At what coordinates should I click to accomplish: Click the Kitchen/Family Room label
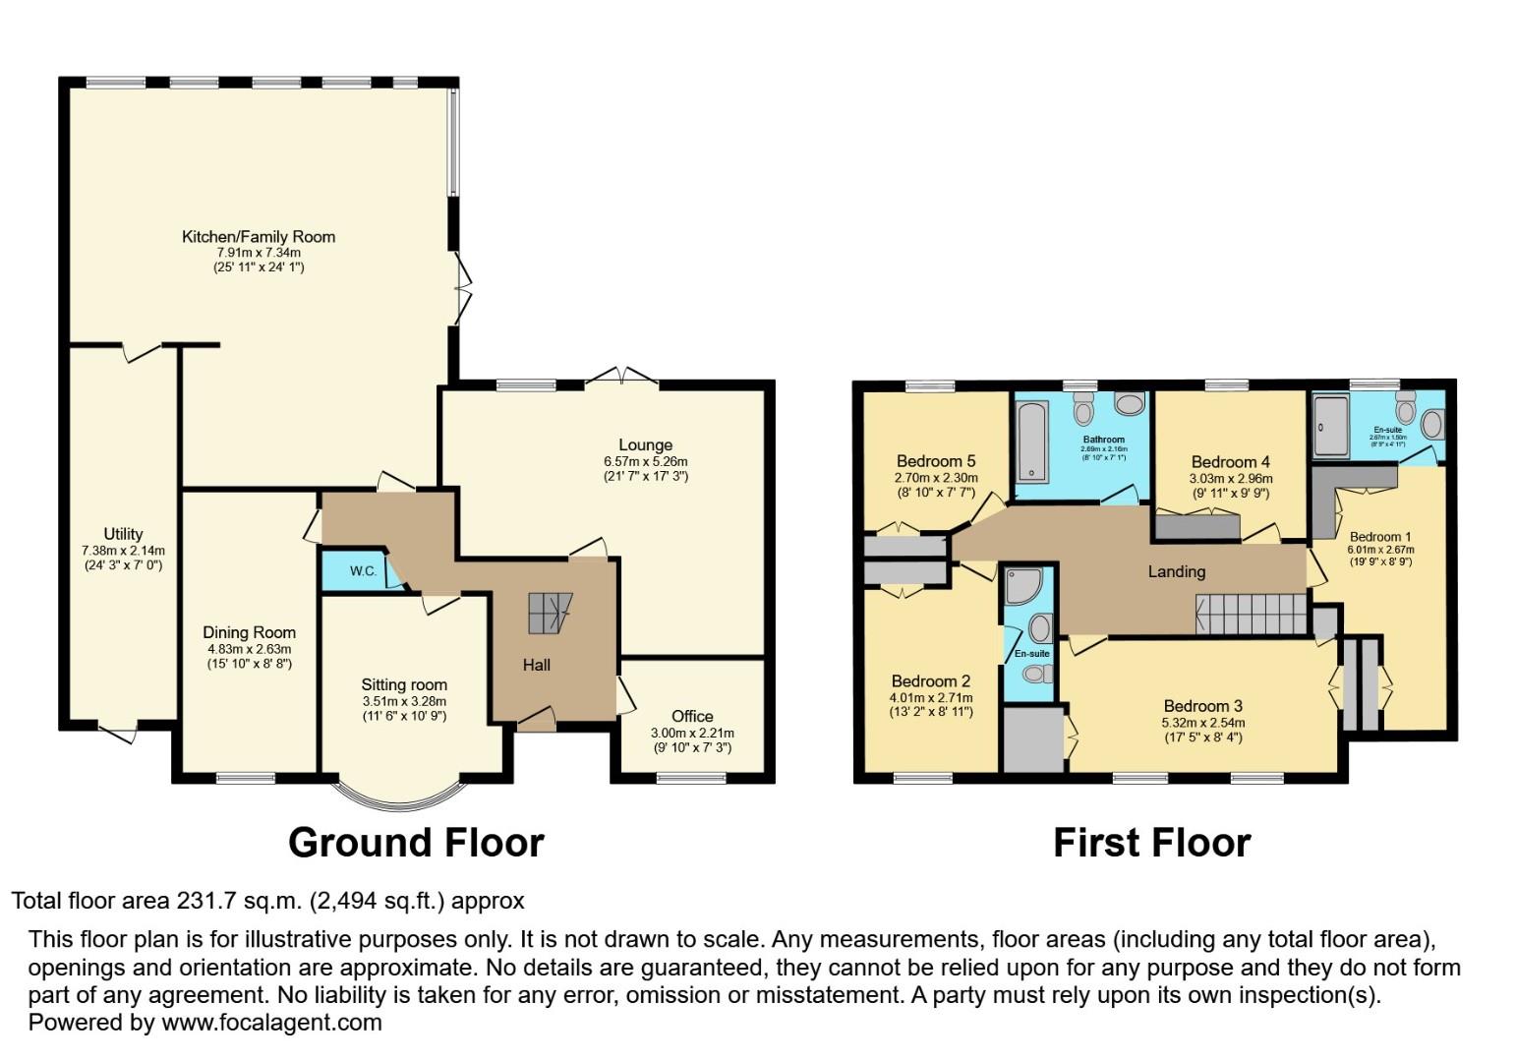pos(259,237)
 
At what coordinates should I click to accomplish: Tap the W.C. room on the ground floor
pos(363,571)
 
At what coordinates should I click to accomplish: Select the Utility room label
pos(123,535)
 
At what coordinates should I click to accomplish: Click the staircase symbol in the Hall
pos(550,614)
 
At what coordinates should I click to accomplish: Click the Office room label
pos(692,716)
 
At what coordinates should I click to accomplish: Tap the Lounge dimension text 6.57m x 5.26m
pos(645,461)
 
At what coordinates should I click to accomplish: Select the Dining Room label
pos(249,632)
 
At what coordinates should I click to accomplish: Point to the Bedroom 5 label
pos(935,461)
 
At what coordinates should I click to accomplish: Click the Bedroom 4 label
pos(1230,462)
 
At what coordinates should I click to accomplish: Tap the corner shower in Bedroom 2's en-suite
pos(1021,585)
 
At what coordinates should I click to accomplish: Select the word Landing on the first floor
pos(1176,571)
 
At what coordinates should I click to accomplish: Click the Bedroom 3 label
pos(1202,706)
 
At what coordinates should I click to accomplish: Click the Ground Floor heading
pos(416,843)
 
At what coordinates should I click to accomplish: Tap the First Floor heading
pos(1151,843)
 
